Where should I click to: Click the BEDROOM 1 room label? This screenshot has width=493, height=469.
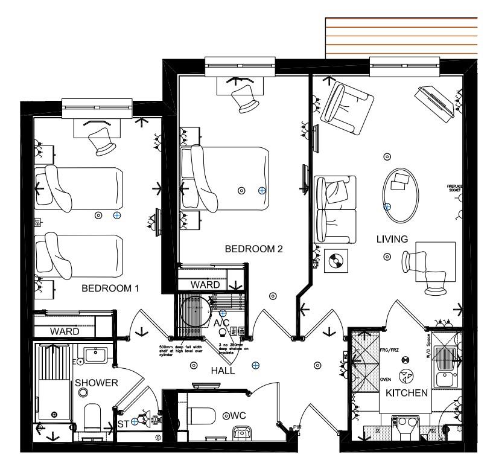coord(110,289)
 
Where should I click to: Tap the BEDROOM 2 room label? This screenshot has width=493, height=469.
coord(254,249)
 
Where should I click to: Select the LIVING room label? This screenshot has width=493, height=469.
coord(392,239)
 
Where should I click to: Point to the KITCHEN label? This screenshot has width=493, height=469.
coord(407,393)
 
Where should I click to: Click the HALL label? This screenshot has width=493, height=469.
coord(223,371)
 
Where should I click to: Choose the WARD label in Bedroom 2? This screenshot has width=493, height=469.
coord(205,284)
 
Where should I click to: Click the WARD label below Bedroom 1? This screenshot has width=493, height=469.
coord(65,331)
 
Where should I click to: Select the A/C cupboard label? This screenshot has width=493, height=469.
coord(221,323)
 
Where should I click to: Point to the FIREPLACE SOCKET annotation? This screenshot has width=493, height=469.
coord(454,188)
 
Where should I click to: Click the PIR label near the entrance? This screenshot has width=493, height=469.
coord(296,428)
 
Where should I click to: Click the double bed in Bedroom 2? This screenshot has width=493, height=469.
coord(232,179)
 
